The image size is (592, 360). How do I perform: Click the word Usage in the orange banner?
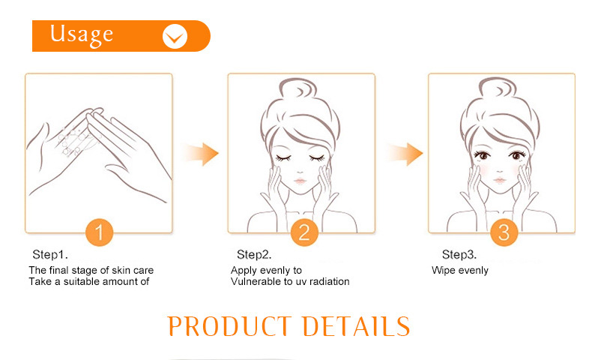(x=82, y=34)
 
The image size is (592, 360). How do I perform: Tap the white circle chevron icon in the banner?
(x=175, y=36)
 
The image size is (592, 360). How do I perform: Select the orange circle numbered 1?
(x=100, y=232)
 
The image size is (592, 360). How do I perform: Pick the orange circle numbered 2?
(x=304, y=232)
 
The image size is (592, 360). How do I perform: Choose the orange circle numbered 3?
(x=504, y=232)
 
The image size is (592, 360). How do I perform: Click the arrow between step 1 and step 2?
(x=201, y=154)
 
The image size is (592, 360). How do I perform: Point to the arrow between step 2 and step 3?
(x=405, y=154)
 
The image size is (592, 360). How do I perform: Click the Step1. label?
(x=50, y=254)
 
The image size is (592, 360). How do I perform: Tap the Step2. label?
(x=254, y=254)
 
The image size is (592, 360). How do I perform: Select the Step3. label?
(x=459, y=254)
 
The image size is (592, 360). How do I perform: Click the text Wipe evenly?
(x=460, y=271)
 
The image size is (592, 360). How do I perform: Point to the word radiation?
(x=328, y=281)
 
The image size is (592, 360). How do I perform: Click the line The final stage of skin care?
(x=91, y=270)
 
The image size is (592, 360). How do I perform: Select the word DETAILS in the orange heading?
(x=356, y=326)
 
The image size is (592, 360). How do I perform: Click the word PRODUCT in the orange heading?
(x=229, y=326)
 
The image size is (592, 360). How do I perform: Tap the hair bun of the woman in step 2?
(x=298, y=89)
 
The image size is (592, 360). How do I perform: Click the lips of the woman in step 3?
(x=500, y=180)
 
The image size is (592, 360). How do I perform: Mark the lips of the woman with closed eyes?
(x=300, y=181)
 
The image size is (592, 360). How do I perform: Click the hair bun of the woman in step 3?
(x=498, y=88)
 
